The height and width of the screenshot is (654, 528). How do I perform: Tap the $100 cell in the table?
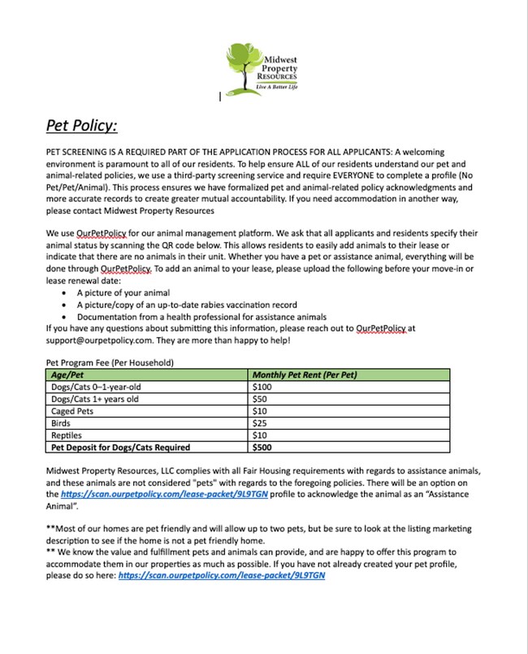pos(265,387)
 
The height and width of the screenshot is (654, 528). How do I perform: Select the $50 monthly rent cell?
pos(262,399)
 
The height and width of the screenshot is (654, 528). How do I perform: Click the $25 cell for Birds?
pos(262,423)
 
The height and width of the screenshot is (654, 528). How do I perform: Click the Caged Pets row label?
pos(76,411)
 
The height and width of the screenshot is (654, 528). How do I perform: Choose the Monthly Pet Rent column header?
pos(305,375)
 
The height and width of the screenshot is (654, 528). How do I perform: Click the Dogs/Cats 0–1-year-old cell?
pos(95,387)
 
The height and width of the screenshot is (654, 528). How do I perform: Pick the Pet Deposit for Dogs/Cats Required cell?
pos(120,447)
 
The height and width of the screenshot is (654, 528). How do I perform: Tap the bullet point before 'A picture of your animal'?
pos(64,292)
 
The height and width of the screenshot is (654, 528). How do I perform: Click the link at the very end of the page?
pos(221,575)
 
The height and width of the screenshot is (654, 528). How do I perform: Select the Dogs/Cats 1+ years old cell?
pos(95,399)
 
